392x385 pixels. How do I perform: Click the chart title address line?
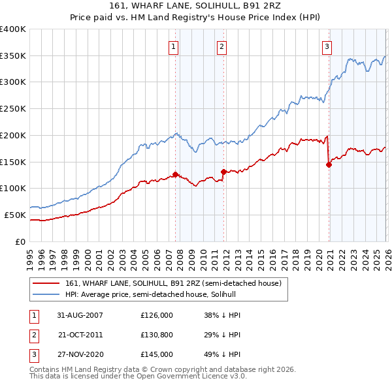[x=195, y=6]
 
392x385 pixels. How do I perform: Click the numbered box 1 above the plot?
[x=174, y=46]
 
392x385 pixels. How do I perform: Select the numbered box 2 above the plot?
[x=222, y=46]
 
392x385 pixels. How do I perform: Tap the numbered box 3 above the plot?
[x=327, y=46]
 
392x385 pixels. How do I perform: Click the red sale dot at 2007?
[x=175, y=174]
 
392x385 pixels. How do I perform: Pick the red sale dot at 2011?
[x=223, y=172]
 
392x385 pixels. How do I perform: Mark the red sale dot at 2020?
[x=329, y=164]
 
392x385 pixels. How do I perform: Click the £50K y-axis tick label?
[x=15, y=215]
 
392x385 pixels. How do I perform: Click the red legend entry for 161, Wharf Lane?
[x=173, y=283]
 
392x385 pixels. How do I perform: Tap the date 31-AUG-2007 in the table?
[x=80, y=315]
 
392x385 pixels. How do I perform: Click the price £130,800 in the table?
[x=157, y=335]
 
